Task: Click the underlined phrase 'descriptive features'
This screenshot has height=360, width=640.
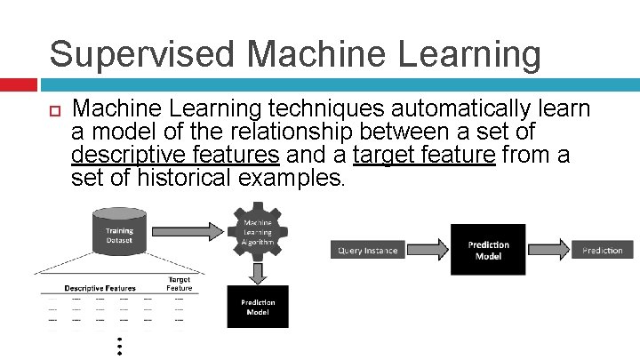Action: pyautogui.click(x=175, y=156)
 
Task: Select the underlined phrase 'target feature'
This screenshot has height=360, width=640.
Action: pyautogui.click(x=423, y=156)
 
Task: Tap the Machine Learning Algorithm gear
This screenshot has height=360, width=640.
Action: pyautogui.click(x=258, y=234)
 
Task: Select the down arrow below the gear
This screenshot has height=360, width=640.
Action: pyautogui.click(x=258, y=272)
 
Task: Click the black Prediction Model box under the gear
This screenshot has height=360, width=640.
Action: pyautogui.click(x=258, y=307)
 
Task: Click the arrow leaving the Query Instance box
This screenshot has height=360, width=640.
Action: pyautogui.click(x=429, y=250)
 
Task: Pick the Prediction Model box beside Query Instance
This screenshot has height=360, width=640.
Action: pyautogui.click(x=489, y=250)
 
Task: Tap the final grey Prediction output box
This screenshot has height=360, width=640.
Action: pyautogui.click(x=602, y=251)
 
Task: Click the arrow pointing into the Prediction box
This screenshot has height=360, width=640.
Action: pyautogui.click(x=548, y=250)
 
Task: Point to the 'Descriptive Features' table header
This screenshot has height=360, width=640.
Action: pyautogui.click(x=100, y=288)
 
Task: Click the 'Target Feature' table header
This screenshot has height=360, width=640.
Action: pyautogui.click(x=179, y=284)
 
